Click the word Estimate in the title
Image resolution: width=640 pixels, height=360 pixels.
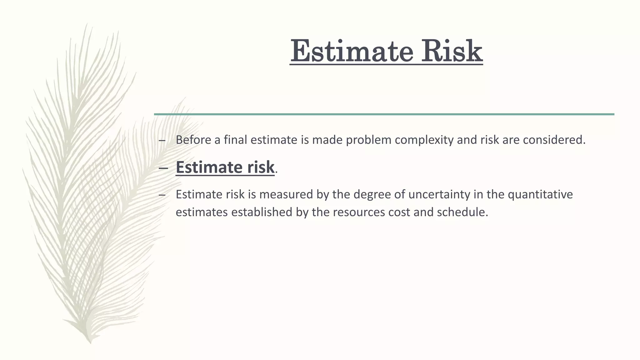tap(352, 51)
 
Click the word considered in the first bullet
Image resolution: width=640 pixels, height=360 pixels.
tap(553, 140)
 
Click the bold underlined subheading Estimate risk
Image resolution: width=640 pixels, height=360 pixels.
tap(225, 167)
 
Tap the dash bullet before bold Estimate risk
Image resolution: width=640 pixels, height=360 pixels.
tap(162, 168)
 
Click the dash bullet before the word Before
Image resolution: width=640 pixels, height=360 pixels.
tap(162, 141)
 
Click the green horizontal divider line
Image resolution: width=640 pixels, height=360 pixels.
tap(384, 114)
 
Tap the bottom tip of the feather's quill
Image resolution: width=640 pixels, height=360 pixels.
tap(90, 342)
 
